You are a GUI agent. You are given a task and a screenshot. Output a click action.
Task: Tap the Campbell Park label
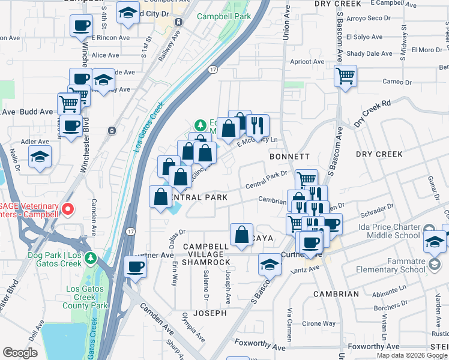(x=224, y=17)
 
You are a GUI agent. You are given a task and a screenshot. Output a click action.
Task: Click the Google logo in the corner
(x=20, y=353)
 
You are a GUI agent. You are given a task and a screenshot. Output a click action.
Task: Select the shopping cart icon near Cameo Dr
(x=345, y=76)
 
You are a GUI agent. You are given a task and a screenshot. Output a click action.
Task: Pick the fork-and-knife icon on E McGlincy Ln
(x=258, y=125)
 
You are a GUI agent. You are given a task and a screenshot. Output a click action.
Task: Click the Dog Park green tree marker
(x=91, y=259)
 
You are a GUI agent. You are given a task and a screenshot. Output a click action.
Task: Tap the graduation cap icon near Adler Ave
(x=40, y=157)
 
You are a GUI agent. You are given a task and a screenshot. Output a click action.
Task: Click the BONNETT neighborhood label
(x=289, y=157)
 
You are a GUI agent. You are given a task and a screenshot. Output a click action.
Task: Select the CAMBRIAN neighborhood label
(x=336, y=294)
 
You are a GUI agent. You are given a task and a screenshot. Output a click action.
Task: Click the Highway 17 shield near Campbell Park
(x=212, y=70)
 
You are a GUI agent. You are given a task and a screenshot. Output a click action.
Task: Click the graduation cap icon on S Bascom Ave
(x=270, y=264)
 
